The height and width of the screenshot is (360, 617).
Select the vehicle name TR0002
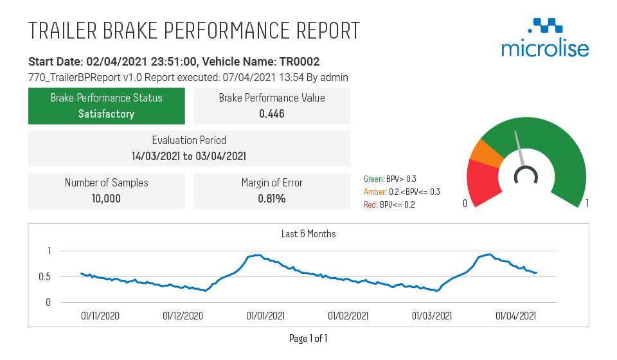click(x=298, y=62)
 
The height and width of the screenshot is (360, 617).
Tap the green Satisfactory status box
click(x=107, y=106)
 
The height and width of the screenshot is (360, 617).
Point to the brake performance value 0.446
click(x=272, y=114)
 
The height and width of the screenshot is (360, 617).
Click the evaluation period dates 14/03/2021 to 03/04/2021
click(x=189, y=156)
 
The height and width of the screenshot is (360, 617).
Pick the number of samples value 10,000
click(x=106, y=198)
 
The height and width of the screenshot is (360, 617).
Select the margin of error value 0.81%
click(x=272, y=198)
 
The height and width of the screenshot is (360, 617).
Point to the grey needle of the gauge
click(x=519, y=148)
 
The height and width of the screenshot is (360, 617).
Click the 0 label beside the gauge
click(x=464, y=204)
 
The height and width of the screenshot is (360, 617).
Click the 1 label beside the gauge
click(x=587, y=204)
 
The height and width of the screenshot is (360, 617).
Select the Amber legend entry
click(x=402, y=192)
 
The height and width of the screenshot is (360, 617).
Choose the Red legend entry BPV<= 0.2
click(x=389, y=204)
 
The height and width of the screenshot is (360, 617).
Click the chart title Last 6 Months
click(x=308, y=234)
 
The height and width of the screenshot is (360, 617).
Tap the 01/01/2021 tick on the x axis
click(x=265, y=316)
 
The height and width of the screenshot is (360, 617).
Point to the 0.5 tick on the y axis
click(x=44, y=277)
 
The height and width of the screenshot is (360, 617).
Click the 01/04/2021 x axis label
click(x=515, y=316)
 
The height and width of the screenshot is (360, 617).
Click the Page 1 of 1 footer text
click(x=308, y=338)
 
